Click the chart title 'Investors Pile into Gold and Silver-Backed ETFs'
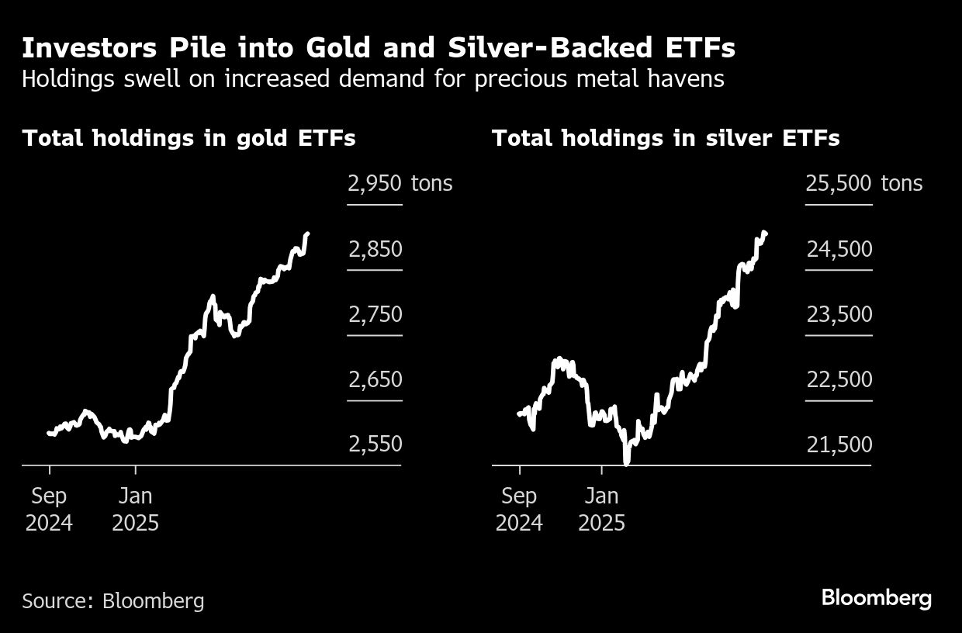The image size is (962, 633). point(379,48)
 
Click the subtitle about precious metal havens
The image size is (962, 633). point(372,79)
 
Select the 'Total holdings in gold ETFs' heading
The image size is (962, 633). point(189,138)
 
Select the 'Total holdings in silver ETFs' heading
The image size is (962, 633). point(666,138)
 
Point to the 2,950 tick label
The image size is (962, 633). point(375,184)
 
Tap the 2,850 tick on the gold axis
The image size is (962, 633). point(375,249)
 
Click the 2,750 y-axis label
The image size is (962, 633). point(375,314)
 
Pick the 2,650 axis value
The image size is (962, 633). point(375,379)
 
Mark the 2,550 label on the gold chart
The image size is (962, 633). point(375,444)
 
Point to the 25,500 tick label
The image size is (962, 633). point(838,184)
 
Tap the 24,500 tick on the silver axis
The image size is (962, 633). point(838,249)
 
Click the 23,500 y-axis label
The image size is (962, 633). point(838,314)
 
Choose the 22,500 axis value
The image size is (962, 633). point(838,379)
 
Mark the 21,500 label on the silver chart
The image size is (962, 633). point(838,444)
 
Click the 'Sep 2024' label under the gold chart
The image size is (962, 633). point(49,509)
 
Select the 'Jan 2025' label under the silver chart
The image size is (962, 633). point(601,509)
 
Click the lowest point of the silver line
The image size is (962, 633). point(626,462)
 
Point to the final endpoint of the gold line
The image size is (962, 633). point(308,233)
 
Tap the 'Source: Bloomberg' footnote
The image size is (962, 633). point(113,600)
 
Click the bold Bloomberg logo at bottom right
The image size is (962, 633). point(876,598)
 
